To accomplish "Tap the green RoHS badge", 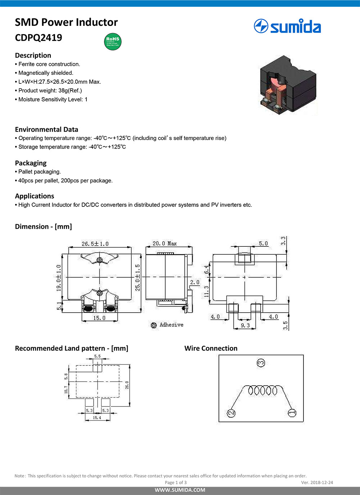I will tap(113, 41).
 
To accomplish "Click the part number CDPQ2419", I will tap(39, 38).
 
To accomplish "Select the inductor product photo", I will tap(288, 85).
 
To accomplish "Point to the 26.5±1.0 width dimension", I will tap(95, 244).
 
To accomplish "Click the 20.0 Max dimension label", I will tap(165, 244).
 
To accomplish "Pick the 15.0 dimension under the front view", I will tap(99, 318).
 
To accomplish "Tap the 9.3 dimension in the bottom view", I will tap(245, 325).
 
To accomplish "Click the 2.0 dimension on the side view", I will tap(195, 282).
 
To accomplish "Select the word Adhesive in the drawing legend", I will tap(171, 325).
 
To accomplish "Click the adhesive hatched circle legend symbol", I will tap(154, 325).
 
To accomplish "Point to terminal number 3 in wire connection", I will tap(261, 363).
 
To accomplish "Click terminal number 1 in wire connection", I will tap(292, 413).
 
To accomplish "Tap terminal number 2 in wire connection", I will tap(231, 413).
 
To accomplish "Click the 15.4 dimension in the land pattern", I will tap(97, 418).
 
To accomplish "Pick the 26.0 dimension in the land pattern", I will tap(127, 385).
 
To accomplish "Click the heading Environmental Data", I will tap(46, 130).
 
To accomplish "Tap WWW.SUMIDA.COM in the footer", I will tap(180, 490).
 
